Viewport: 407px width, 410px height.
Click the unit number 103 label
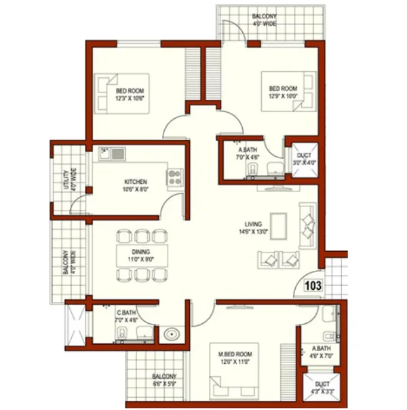pyautogui.click(x=313, y=286)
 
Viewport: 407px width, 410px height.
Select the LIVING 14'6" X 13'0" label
pyautogui.click(x=254, y=228)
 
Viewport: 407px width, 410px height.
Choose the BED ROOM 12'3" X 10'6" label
pyautogui.click(x=130, y=94)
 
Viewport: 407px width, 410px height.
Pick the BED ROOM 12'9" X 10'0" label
pyautogui.click(x=283, y=92)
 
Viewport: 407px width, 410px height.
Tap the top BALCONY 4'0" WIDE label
pyautogui.click(x=265, y=18)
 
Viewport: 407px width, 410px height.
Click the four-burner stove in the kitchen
pyautogui.click(x=174, y=179)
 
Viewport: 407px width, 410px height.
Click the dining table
pyautogui.click(x=141, y=255)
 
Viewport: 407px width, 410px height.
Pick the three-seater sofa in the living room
pyautogui.click(x=308, y=227)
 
